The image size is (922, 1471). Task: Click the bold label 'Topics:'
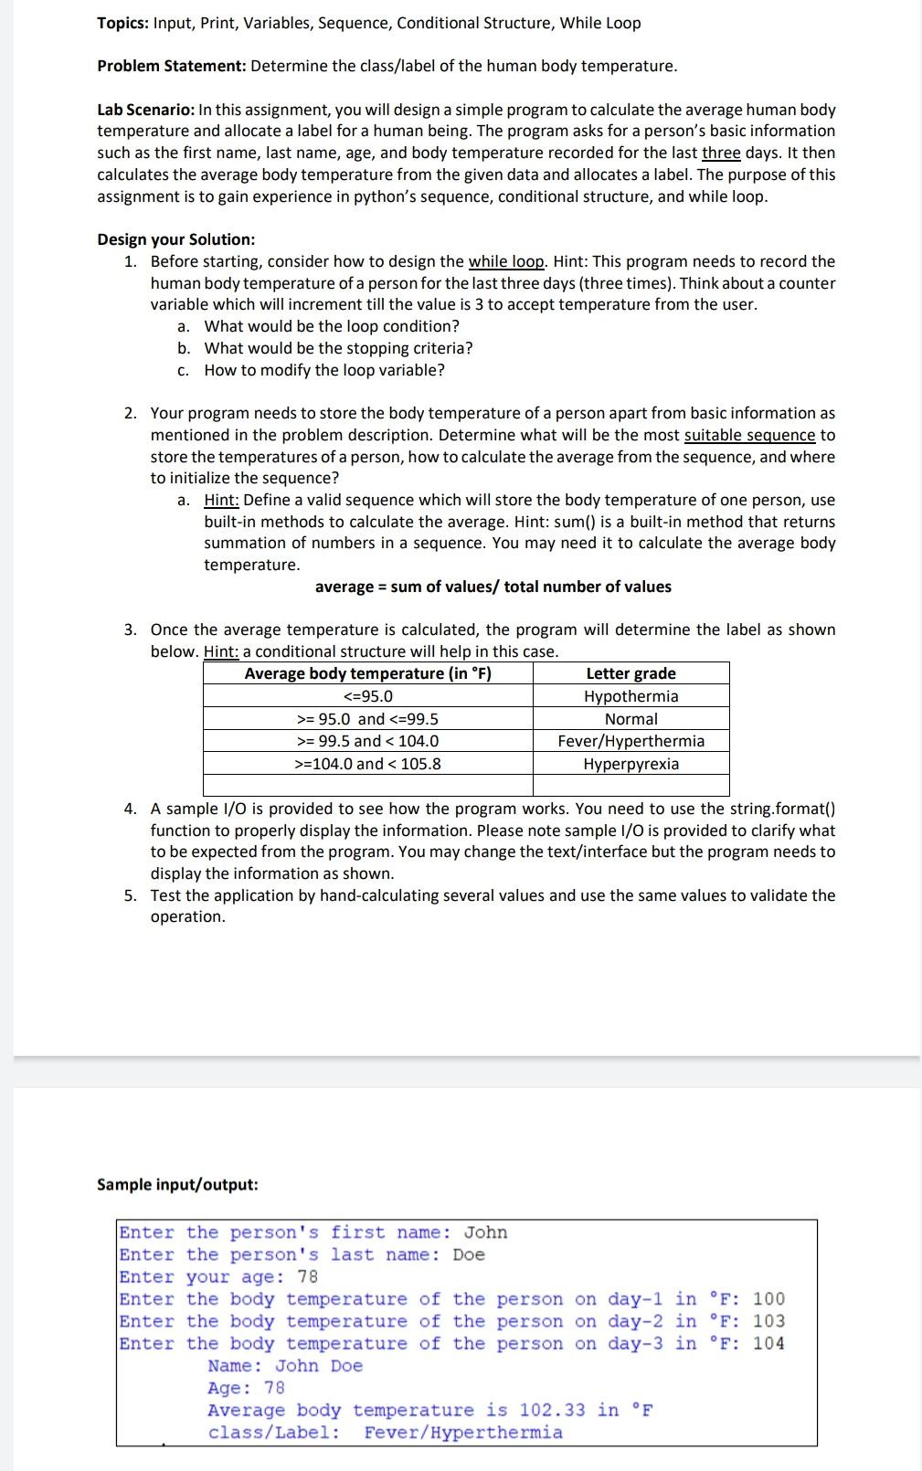[x=123, y=23]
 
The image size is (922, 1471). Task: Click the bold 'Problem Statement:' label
[x=172, y=66]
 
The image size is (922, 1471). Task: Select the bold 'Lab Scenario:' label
[x=145, y=110]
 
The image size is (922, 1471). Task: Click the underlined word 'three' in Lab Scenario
[x=721, y=153]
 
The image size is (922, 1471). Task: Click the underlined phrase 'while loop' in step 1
[x=507, y=261]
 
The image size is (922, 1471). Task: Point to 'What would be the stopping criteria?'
[x=338, y=348]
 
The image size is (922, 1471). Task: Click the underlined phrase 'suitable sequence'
[x=749, y=435]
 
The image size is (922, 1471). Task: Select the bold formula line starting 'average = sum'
[x=493, y=587]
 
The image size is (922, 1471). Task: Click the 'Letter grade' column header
[x=631, y=673]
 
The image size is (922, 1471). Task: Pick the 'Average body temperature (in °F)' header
[x=367, y=673]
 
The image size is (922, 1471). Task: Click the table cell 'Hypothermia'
[x=631, y=696]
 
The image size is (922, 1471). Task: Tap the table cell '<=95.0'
[x=367, y=696]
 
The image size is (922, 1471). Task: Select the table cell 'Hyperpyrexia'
[x=631, y=764]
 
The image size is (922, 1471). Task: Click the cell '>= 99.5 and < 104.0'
[x=367, y=741]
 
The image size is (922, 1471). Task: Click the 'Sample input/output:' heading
[x=177, y=1184]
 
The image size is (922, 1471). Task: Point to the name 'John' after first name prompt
[x=485, y=1233]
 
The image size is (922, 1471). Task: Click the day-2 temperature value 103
[x=768, y=1321]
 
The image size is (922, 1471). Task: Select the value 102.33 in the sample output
[x=553, y=1410]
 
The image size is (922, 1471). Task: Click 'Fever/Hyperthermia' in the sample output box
[x=463, y=1432]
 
